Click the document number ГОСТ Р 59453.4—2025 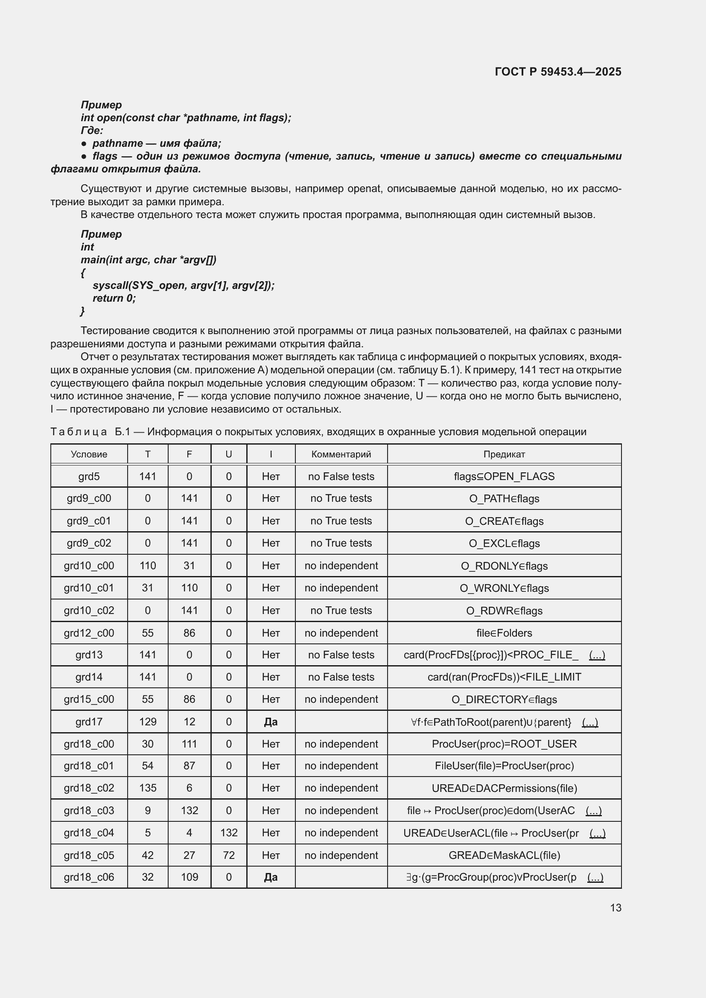click(x=558, y=72)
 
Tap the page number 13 click(x=615, y=908)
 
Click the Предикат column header click(x=504, y=454)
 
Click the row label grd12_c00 click(x=89, y=633)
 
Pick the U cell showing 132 click(x=229, y=832)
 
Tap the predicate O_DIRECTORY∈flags click(x=504, y=699)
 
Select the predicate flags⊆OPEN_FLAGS click(x=504, y=477)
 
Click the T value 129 click(x=147, y=722)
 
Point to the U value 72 click(x=229, y=855)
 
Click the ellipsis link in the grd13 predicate click(x=596, y=655)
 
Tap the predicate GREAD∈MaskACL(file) click(x=504, y=855)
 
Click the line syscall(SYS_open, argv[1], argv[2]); click(x=183, y=285)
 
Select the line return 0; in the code click(x=114, y=298)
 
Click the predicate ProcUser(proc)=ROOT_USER click(x=504, y=744)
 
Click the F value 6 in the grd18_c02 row click(x=189, y=788)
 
